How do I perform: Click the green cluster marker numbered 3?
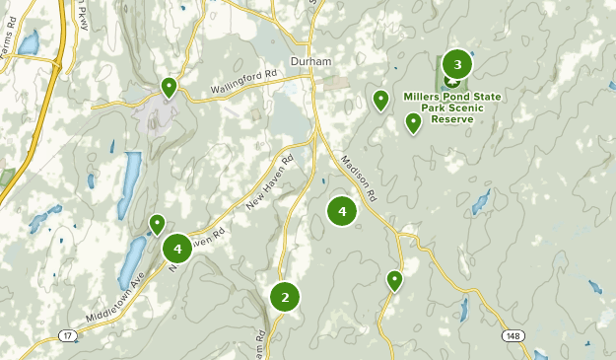[456, 65]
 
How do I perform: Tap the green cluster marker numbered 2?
[285, 296]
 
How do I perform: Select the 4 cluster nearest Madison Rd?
[342, 210]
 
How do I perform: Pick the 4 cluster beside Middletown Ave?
[177, 247]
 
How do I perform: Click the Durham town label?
[310, 61]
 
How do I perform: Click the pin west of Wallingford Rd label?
[170, 89]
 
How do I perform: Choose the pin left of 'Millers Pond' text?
[380, 100]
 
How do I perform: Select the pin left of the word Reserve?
[414, 122]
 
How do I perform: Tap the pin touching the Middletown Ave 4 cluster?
[156, 225]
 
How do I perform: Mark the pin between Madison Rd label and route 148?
[395, 280]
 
